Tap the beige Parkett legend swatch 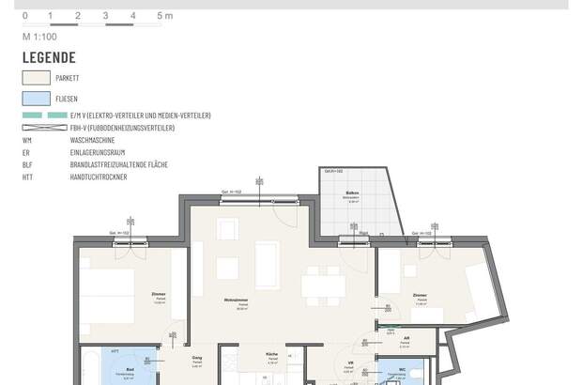coord(36,79)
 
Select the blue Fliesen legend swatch coord(36,98)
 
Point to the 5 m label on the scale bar coord(165,16)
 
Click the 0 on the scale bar coord(24,16)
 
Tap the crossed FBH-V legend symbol coord(44,128)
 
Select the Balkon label coord(353,192)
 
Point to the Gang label coord(197,358)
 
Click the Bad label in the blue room coord(129,370)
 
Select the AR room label coord(406,338)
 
